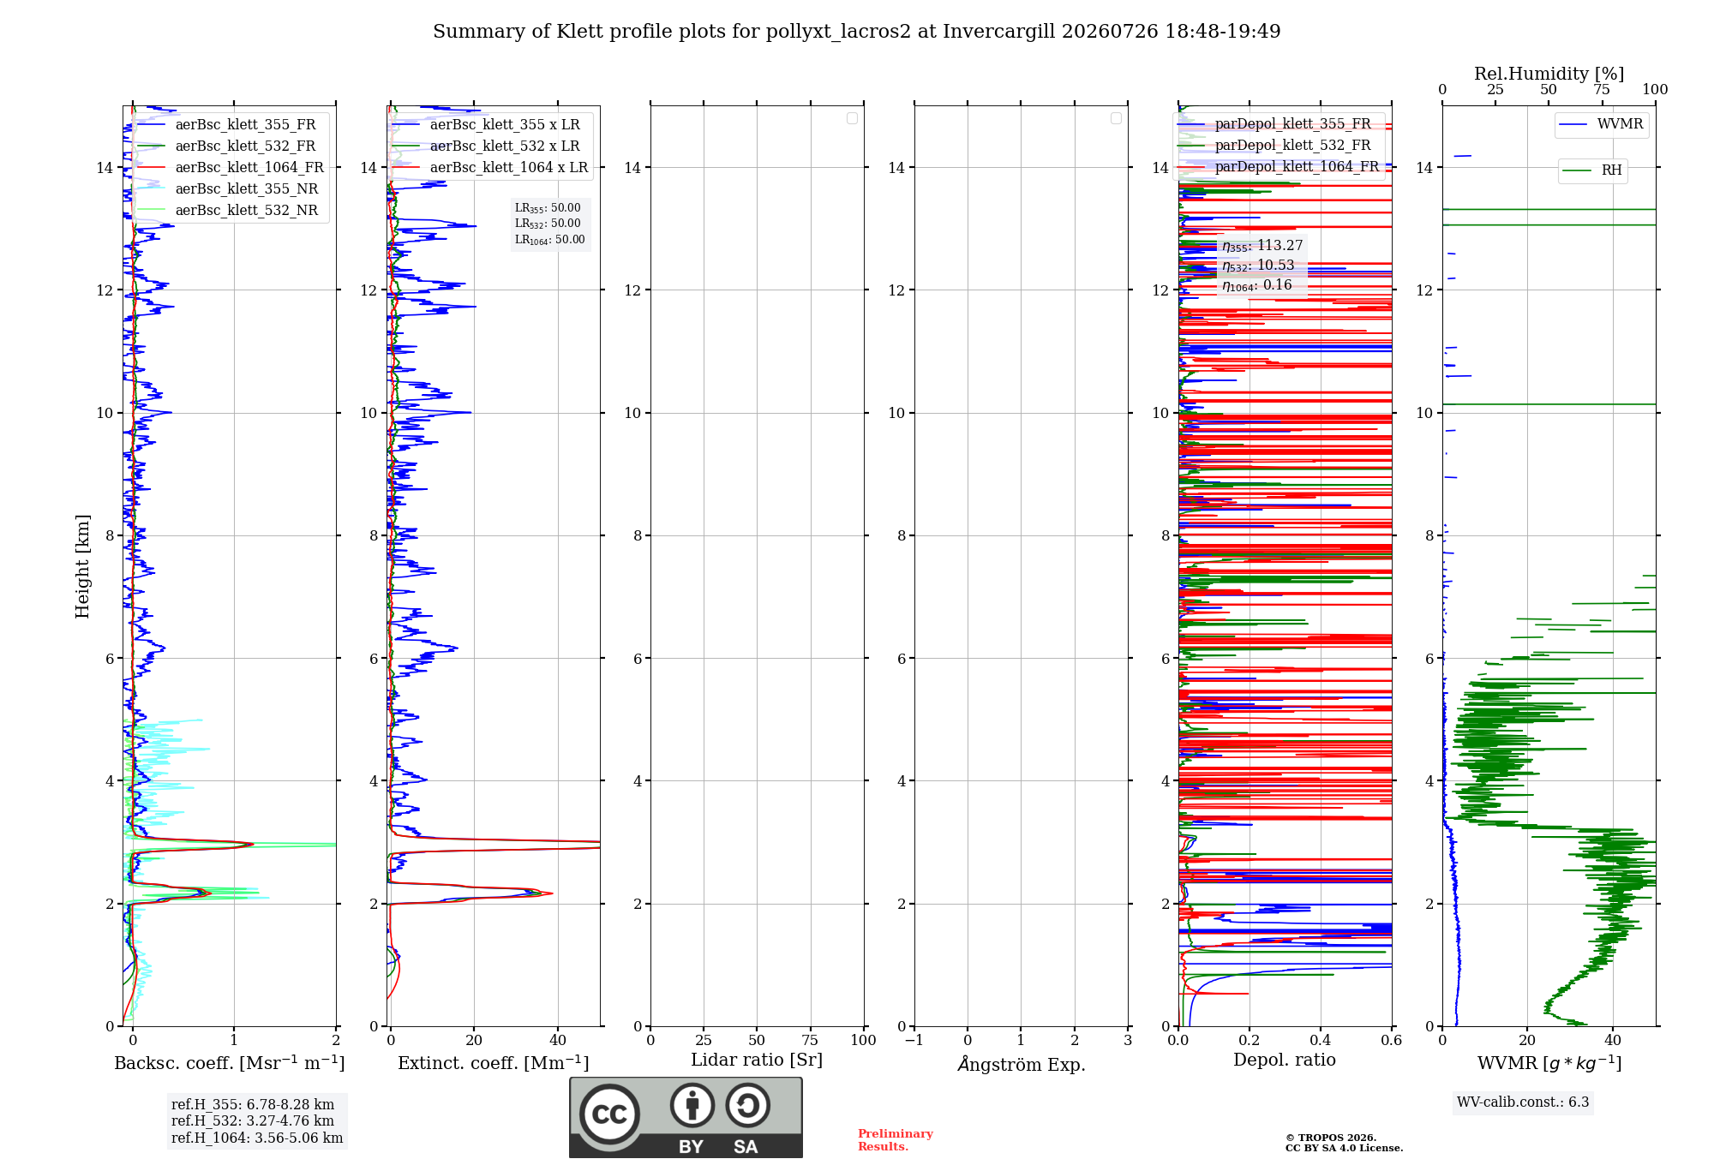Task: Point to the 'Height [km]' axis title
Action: tap(82, 566)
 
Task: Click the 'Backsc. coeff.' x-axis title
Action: tap(230, 1063)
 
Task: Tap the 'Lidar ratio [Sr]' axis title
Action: tap(757, 1060)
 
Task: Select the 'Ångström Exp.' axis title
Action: tap(1022, 1063)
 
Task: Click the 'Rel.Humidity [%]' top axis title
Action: tap(1549, 74)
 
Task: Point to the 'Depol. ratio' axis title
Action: tap(1285, 1060)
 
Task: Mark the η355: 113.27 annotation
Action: tap(1262, 246)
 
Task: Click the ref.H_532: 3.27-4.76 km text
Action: tap(253, 1120)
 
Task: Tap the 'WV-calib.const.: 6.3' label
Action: tap(1523, 1102)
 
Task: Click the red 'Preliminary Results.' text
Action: tap(896, 1140)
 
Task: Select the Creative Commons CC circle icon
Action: tap(609, 1114)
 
